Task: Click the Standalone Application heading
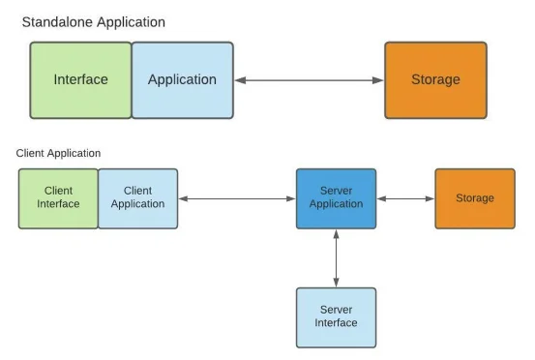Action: (93, 21)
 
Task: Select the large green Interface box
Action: (80, 79)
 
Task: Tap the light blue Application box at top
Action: (182, 79)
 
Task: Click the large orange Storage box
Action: (435, 79)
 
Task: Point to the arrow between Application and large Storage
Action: (309, 80)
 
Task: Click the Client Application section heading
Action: (58, 153)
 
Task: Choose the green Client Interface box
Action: (58, 197)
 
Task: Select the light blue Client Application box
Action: (137, 197)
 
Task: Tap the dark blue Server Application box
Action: (336, 197)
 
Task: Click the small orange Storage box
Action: (474, 197)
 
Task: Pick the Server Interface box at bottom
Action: (336, 316)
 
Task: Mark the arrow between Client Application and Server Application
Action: (237, 198)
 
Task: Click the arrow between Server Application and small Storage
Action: (405, 198)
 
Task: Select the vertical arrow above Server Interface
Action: (336, 257)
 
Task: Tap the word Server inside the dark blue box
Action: (336, 191)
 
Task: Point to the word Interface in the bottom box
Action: (336, 323)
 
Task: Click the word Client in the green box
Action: (58, 191)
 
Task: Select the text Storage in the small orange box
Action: (474, 197)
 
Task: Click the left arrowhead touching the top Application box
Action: (239, 80)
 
